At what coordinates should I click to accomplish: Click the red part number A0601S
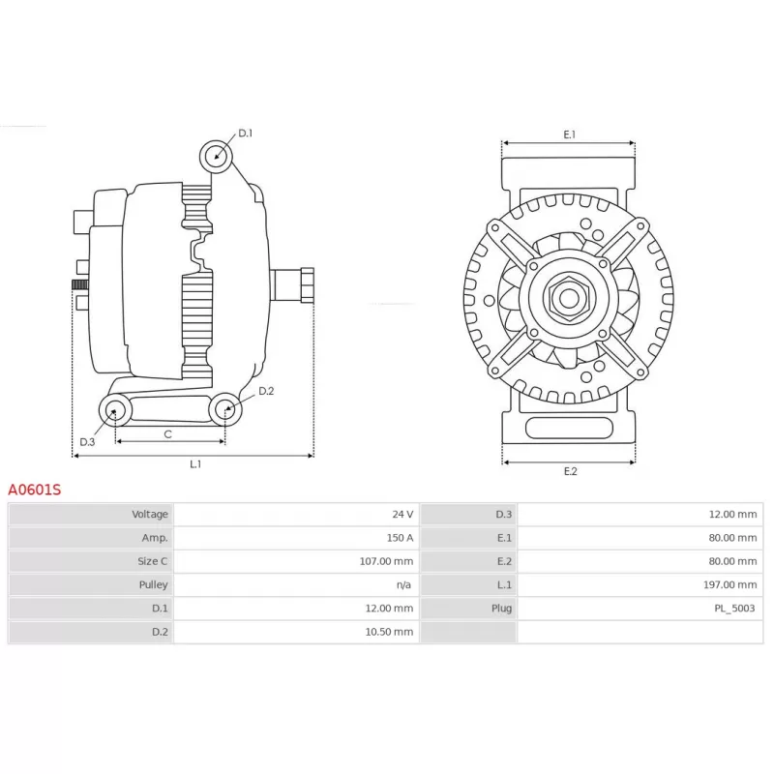pyautogui.click(x=35, y=490)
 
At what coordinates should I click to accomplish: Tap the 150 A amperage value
pyautogui.click(x=400, y=538)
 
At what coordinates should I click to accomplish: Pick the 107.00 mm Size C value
pyautogui.click(x=386, y=561)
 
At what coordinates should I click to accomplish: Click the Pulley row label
pyautogui.click(x=153, y=585)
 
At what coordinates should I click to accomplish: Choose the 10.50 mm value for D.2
pyautogui.click(x=389, y=632)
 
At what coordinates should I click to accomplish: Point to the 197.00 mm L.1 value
pyautogui.click(x=730, y=585)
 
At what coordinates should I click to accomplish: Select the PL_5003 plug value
pyautogui.click(x=734, y=609)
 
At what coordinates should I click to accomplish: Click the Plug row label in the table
pyautogui.click(x=501, y=609)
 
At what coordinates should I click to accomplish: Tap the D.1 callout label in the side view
pyautogui.click(x=246, y=134)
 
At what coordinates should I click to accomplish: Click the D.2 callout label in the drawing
pyautogui.click(x=266, y=391)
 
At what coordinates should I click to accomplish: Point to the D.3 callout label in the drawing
pyautogui.click(x=87, y=442)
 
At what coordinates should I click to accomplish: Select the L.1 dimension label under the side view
pyautogui.click(x=195, y=464)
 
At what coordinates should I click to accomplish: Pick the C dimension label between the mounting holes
pyautogui.click(x=167, y=434)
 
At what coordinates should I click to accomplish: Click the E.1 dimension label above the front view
pyautogui.click(x=570, y=134)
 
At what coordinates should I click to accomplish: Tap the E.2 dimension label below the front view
pyautogui.click(x=570, y=471)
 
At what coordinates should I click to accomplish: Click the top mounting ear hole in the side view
pyautogui.click(x=216, y=157)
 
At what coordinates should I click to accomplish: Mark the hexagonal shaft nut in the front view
pyautogui.click(x=569, y=298)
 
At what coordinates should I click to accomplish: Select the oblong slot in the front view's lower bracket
pyautogui.click(x=569, y=428)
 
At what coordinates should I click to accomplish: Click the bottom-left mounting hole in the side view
pyautogui.click(x=115, y=410)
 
